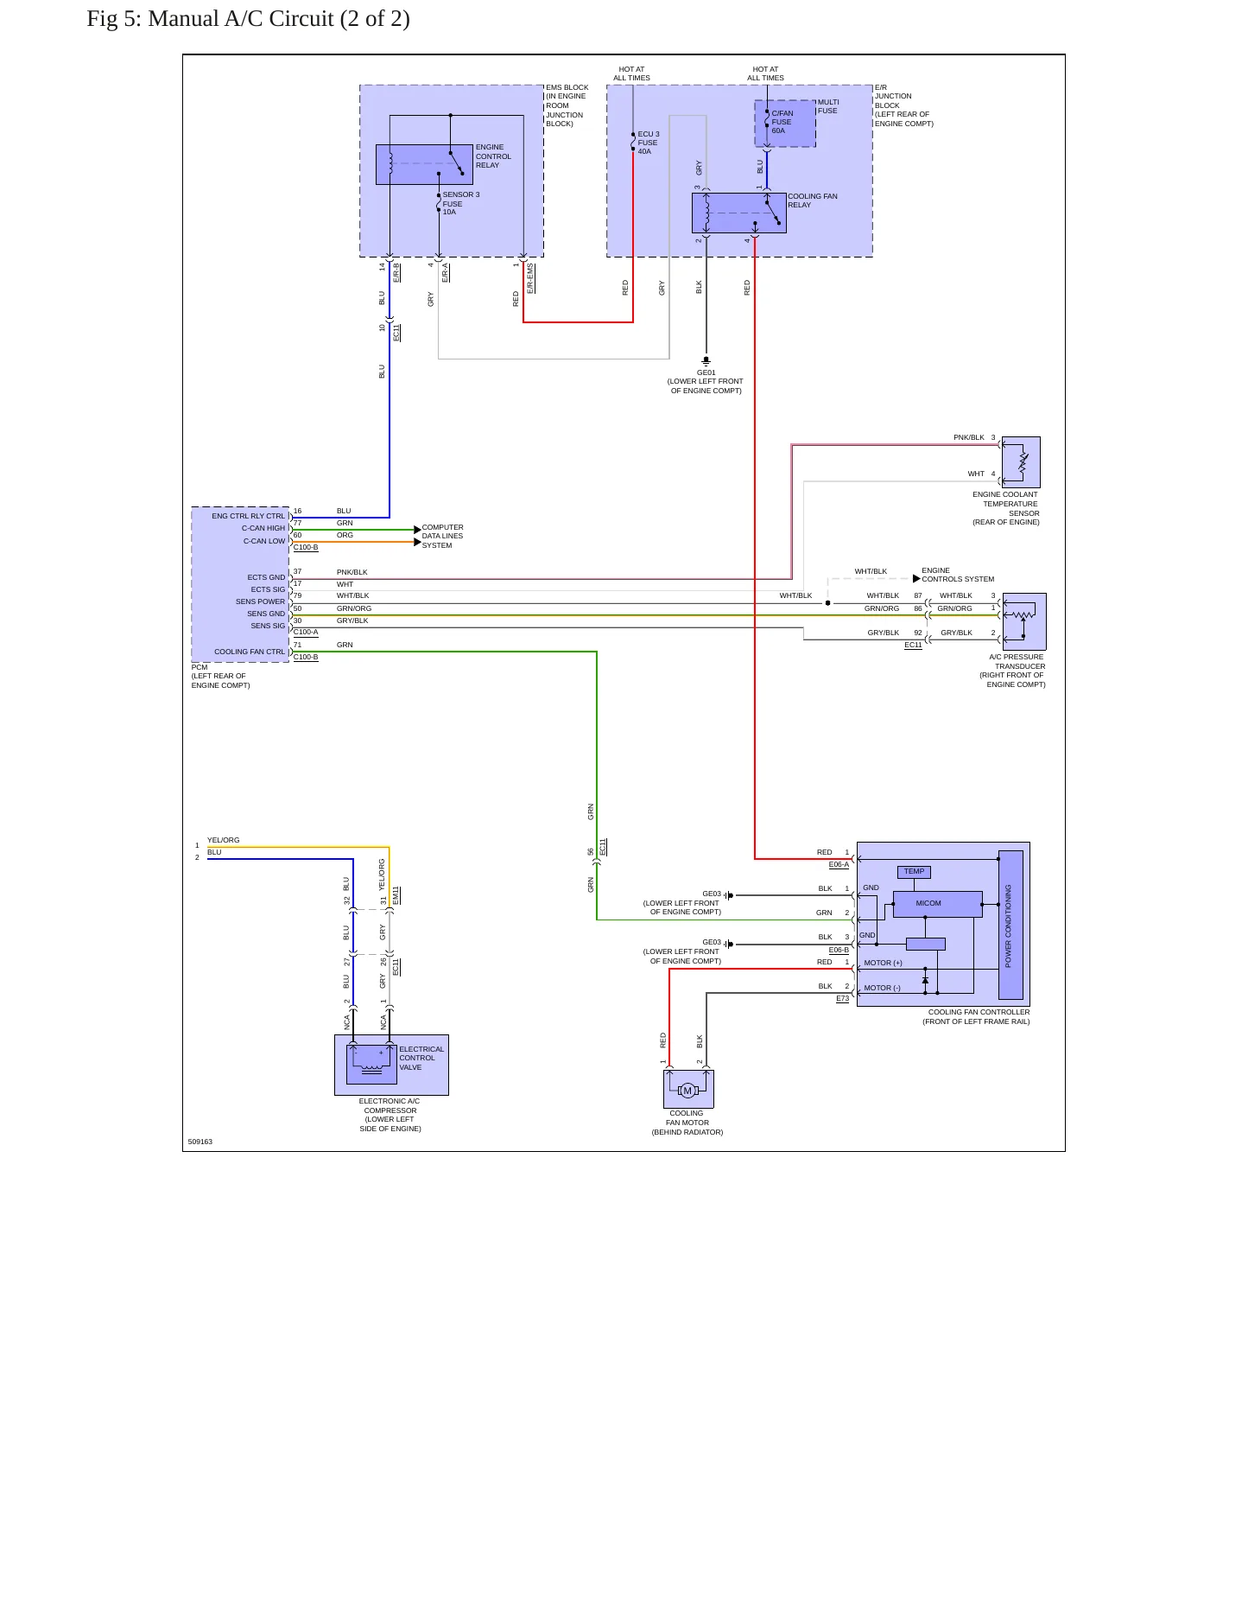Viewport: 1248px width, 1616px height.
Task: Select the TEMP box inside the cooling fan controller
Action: click(x=914, y=872)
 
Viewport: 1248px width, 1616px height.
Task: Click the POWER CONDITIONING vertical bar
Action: click(x=1010, y=925)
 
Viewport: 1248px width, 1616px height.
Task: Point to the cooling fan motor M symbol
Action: click(x=687, y=1091)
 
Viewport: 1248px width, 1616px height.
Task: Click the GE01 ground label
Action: click(x=706, y=373)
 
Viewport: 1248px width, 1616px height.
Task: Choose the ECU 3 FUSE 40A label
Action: click(x=648, y=143)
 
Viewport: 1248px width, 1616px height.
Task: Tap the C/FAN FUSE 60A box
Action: click(x=785, y=124)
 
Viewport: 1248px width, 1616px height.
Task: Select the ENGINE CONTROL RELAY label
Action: click(x=493, y=156)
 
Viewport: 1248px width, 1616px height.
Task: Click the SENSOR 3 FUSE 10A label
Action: click(x=461, y=203)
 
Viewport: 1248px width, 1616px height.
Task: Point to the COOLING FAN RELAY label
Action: click(x=813, y=200)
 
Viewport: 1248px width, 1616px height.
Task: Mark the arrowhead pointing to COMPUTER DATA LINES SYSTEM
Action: click(x=418, y=530)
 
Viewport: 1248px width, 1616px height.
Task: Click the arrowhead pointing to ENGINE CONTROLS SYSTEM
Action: click(x=917, y=579)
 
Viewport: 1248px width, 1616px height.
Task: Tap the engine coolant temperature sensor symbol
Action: click(x=1021, y=462)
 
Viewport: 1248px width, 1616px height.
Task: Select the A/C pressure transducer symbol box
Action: click(x=1024, y=621)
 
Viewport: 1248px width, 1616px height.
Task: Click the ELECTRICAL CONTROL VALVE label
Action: click(x=421, y=1059)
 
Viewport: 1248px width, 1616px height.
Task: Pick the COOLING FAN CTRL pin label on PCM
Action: click(x=250, y=652)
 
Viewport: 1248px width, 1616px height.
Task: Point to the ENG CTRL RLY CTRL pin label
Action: click(x=248, y=516)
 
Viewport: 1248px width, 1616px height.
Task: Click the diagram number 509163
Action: click(x=200, y=1142)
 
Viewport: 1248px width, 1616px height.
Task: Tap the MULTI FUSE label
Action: click(x=828, y=106)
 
